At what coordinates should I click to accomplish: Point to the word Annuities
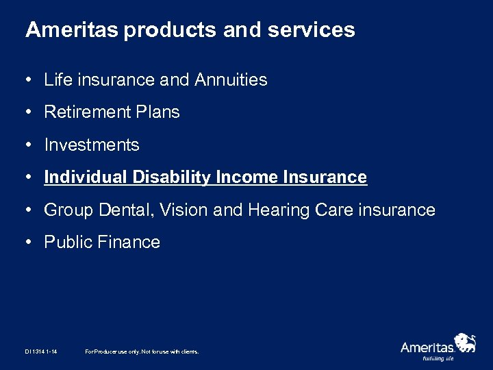[x=231, y=80]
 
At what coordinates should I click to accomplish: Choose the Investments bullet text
[x=91, y=145]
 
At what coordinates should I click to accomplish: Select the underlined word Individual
[x=83, y=177]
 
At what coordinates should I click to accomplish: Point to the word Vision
[x=183, y=210]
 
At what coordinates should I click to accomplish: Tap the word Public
[x=66, y=242]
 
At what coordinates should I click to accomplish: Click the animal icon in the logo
[x=466, y=342]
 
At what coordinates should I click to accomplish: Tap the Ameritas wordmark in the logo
[x=427, y=347]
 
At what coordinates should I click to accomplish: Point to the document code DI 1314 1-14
[x=41, y=351]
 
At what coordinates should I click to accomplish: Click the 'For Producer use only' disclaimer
[x=141, y=351]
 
